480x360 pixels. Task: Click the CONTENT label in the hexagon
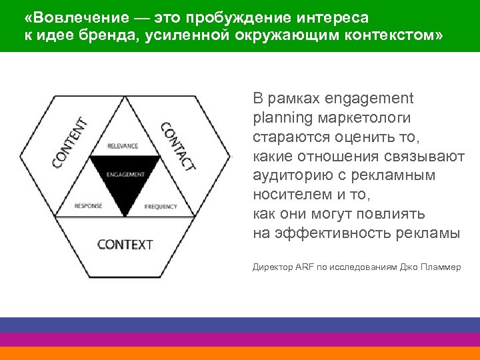70,143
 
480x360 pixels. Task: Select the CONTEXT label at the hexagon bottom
125,244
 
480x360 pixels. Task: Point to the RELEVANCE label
123,145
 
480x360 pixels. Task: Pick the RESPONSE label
89,205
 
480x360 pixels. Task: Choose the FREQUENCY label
161,206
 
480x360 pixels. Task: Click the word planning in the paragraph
281,118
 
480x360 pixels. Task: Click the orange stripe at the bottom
240,353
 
